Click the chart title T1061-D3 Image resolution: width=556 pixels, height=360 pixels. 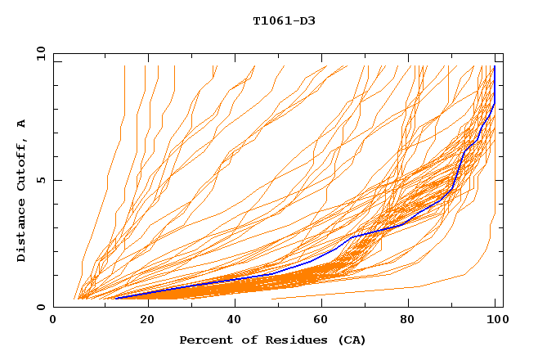tap(284, 21)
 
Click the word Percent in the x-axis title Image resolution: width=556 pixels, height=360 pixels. tap(202, 340)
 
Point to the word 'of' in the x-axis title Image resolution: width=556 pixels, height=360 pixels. tap(241, 340)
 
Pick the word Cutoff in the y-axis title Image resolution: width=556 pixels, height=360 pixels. tap(21, 161)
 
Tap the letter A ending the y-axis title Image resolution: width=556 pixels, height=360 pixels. tap(21, 124)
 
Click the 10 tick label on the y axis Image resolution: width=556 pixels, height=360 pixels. tap(39, 54)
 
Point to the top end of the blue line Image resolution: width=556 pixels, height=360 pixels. tap(495, 66)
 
